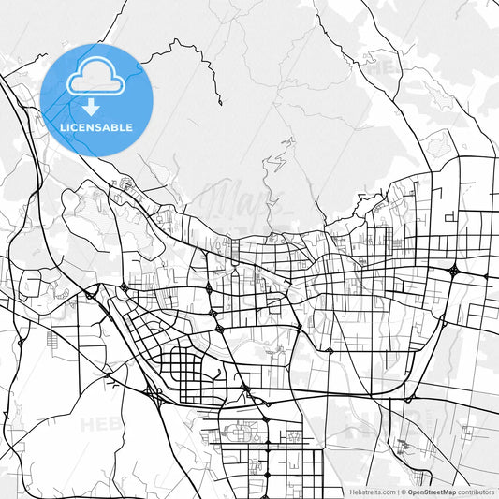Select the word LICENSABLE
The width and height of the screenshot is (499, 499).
click(x=96, y=126)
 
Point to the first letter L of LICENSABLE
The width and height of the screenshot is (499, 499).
click(x=63, y=126)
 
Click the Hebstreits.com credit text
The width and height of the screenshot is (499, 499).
click(x=372, y=492)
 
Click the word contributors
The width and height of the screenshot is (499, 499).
click(x=476, y=492)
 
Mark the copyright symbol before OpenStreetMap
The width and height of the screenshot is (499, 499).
click(x=403, y=492)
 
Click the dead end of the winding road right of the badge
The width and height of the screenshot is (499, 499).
click(x=221, y=104)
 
